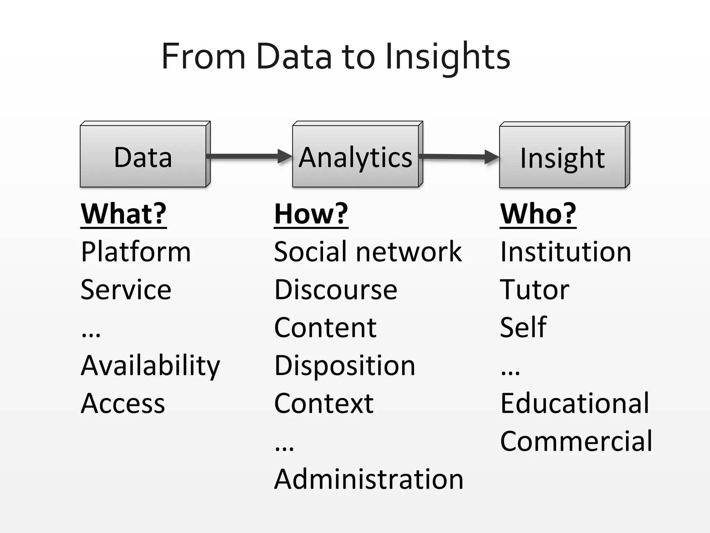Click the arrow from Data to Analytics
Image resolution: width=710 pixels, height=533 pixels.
(249, 156)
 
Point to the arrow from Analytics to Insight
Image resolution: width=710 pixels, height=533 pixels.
(458, 157)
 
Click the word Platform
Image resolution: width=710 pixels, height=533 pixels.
(136, 252)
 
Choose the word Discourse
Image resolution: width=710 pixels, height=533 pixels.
(336, 290)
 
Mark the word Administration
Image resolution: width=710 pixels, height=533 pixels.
(369, 479)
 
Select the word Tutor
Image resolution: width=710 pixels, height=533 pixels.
(534, 290)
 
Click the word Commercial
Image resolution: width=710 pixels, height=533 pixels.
(576, 441)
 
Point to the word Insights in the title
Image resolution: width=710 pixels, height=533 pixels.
(447, 56)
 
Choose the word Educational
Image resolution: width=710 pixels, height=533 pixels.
(574, 403)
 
